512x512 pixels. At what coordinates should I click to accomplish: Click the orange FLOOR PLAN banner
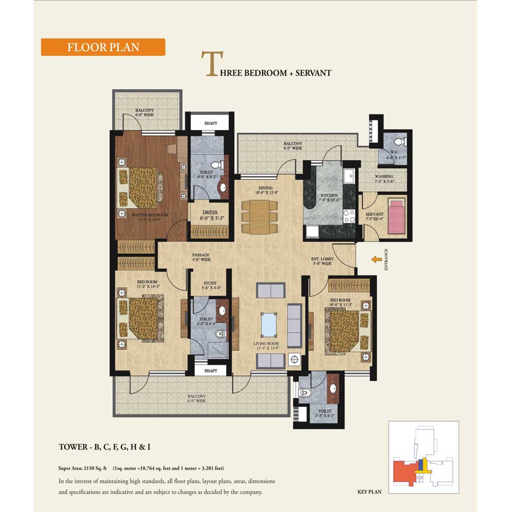(103, 47)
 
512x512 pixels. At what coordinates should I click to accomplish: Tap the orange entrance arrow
(376, 260)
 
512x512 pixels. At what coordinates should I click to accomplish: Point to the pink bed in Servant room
(396, 216)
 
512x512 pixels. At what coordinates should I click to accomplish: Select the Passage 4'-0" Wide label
(201, 258)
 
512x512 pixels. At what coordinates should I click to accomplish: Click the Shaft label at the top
(210, 123)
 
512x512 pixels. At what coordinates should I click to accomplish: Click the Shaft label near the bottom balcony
(210, 371)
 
